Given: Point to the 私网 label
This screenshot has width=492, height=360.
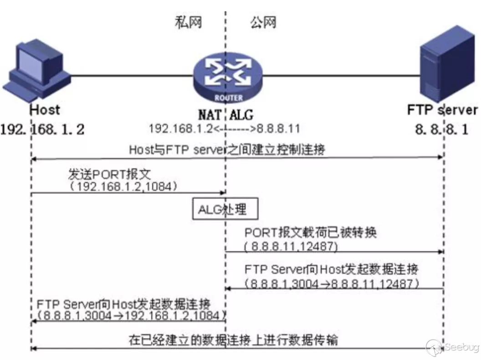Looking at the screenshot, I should (188, 22).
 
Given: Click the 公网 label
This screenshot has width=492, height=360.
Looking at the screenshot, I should (263, 22).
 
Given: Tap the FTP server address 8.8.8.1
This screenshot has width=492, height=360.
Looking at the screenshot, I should (441, 129).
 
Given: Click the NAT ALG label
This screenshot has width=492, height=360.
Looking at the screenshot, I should (225, 113).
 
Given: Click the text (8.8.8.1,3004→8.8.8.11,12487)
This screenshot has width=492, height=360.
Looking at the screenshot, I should (332, 284).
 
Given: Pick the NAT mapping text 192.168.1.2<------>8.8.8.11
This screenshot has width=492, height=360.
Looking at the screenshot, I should (224, 129).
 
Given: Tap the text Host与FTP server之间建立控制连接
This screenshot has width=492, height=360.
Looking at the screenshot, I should (226, 149).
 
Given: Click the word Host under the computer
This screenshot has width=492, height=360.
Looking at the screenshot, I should (45, 110).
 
